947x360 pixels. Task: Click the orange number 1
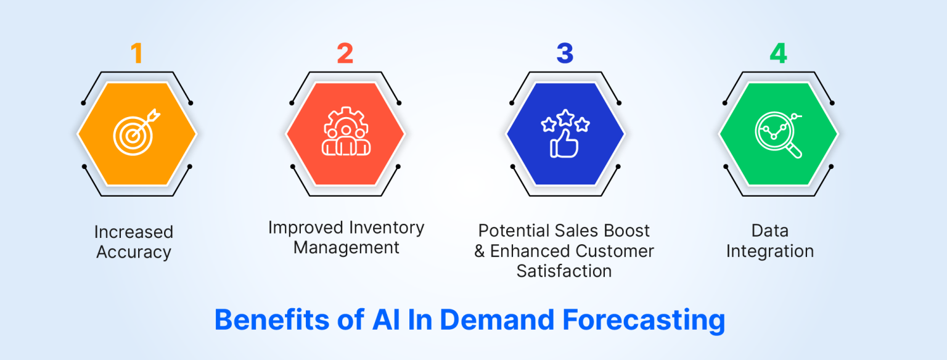(x=136, y=54)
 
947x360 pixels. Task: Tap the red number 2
(x=345, y=54)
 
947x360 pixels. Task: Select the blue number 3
(x=565, y=54)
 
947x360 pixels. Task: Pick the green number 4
(x=778, y=54)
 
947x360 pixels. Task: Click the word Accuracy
(x=134, y=252)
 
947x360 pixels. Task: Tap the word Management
(x=346, y=248)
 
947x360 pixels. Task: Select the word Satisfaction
(x=564, y=271)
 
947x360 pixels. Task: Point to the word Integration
(x=769, y=252)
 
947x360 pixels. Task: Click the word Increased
(x=134, y=232)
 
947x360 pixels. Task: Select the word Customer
(x=614, y=251)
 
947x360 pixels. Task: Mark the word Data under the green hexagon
(x=769, y=231)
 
